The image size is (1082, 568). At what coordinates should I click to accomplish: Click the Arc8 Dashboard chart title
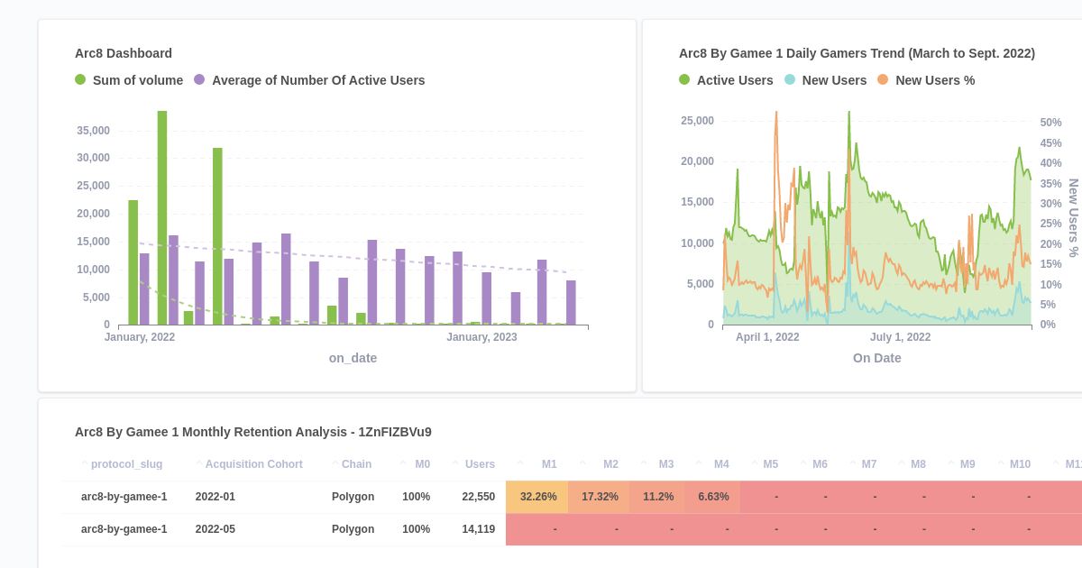click(x=124, y=53)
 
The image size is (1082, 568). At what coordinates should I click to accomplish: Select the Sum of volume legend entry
click(x=137, y=80)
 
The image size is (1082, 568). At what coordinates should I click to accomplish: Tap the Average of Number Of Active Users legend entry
click(x=317, y=80)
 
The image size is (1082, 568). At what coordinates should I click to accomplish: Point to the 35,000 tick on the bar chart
click(x=93, y=131)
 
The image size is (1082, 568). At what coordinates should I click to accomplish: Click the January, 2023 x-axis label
click(x=481, y=337)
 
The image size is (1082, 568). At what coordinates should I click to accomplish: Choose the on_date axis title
click(x=353, y=358)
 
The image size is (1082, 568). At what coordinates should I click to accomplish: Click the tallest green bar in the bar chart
click(x=162, y=216)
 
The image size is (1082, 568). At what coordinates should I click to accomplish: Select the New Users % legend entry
click(x=934, y=80)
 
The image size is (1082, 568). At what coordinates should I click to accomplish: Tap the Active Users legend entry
click(x=734, y=80)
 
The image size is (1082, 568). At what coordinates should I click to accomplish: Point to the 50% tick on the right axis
click(x=1050, y=123)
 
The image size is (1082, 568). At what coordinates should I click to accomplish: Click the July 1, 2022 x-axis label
click(x=900, y=337)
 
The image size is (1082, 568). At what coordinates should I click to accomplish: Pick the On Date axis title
click(x=876, y=358)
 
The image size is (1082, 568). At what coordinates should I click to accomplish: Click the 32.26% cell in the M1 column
click(x=538, y=497)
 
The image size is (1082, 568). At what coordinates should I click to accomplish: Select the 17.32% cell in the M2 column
click(x=600, y=497)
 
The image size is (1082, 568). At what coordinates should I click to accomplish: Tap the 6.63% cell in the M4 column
click(x=713, y=497)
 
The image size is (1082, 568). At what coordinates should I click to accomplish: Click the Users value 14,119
click(x=478, y=529)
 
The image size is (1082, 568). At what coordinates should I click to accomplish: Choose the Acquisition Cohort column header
click(x=253, y=464)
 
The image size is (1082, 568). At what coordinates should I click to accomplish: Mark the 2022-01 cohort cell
click(x=215, y=497)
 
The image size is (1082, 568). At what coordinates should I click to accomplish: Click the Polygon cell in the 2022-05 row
click(x=353, y=529)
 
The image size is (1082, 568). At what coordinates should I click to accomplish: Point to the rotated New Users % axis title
click(x=1073, y=217)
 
